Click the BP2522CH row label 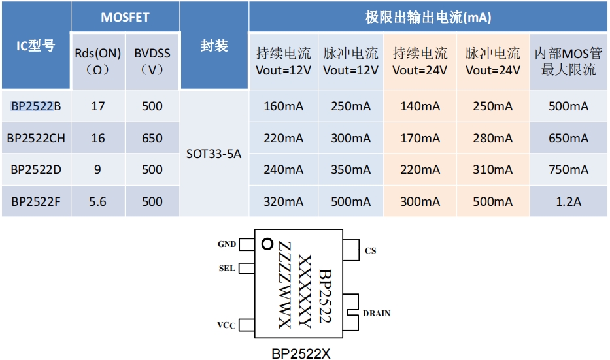click(x=36, y=138)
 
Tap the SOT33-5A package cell click(x=214, y=154)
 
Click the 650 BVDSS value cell click(x=152, y=138)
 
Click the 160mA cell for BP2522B click(x=283, y=106)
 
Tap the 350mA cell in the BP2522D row click(x=350, y=170)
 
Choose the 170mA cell click(x=420, y=138)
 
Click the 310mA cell click(x=492, y=170)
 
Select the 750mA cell click(x=568, y=170)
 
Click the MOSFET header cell click(x=125, y=18)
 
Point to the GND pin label click(x=227, y=244)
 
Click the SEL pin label click(x=226, y=269)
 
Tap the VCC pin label click(x=226, y=325)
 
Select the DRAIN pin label click(x=377, y=314)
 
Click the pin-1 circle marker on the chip click(x=266, y=244)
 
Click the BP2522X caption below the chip click(x=301, y=353)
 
